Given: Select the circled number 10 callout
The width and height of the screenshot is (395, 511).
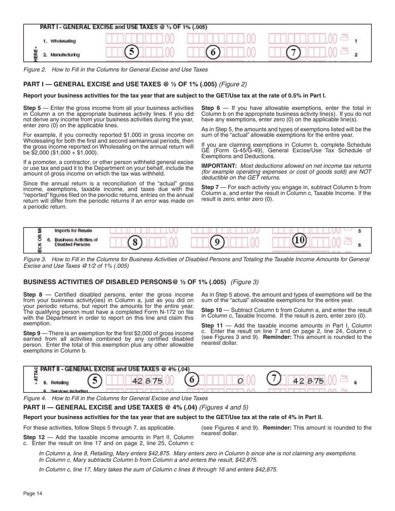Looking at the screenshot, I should click(299, 241).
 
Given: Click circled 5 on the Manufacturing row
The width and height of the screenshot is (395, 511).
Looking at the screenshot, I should click(131, 52).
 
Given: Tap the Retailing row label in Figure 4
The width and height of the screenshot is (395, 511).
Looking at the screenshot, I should click(60, 382).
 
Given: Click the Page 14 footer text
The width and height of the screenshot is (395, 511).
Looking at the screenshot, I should click(33, 494).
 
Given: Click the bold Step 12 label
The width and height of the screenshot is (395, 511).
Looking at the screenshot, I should click(33, 437).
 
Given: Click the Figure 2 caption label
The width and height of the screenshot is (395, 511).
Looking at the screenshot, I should click(35, 69).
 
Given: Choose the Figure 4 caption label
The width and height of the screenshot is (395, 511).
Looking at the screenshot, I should click(35, 398).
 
